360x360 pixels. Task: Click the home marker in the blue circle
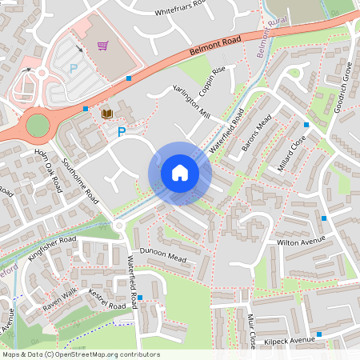[179, 173]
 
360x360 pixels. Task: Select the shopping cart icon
[102, 46]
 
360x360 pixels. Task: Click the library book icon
[106, 114]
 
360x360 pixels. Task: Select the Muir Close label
[251, 330]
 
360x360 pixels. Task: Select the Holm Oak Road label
[47, 169]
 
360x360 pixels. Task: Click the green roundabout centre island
[37, 125]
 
